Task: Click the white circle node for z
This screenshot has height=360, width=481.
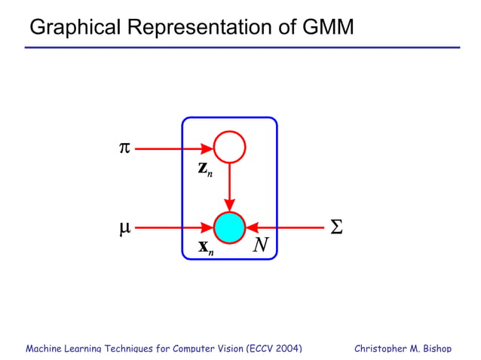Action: coord(229,148)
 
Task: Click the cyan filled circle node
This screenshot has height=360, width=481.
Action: coord(229,227)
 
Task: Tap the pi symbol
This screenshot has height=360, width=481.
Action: coord(125,148)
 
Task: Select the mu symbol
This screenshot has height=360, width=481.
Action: coord(125,227)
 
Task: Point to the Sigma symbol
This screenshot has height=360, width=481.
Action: coord(336,227)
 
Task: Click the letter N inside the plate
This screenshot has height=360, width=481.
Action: coord(261,245)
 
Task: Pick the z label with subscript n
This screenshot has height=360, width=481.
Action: coord(205,169)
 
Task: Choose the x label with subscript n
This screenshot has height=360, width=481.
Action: coord(205,246)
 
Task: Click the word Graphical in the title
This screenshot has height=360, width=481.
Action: coord(72,28)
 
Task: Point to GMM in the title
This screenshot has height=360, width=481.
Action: coord(327,28)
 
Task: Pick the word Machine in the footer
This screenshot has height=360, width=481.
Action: coord(44,349)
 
